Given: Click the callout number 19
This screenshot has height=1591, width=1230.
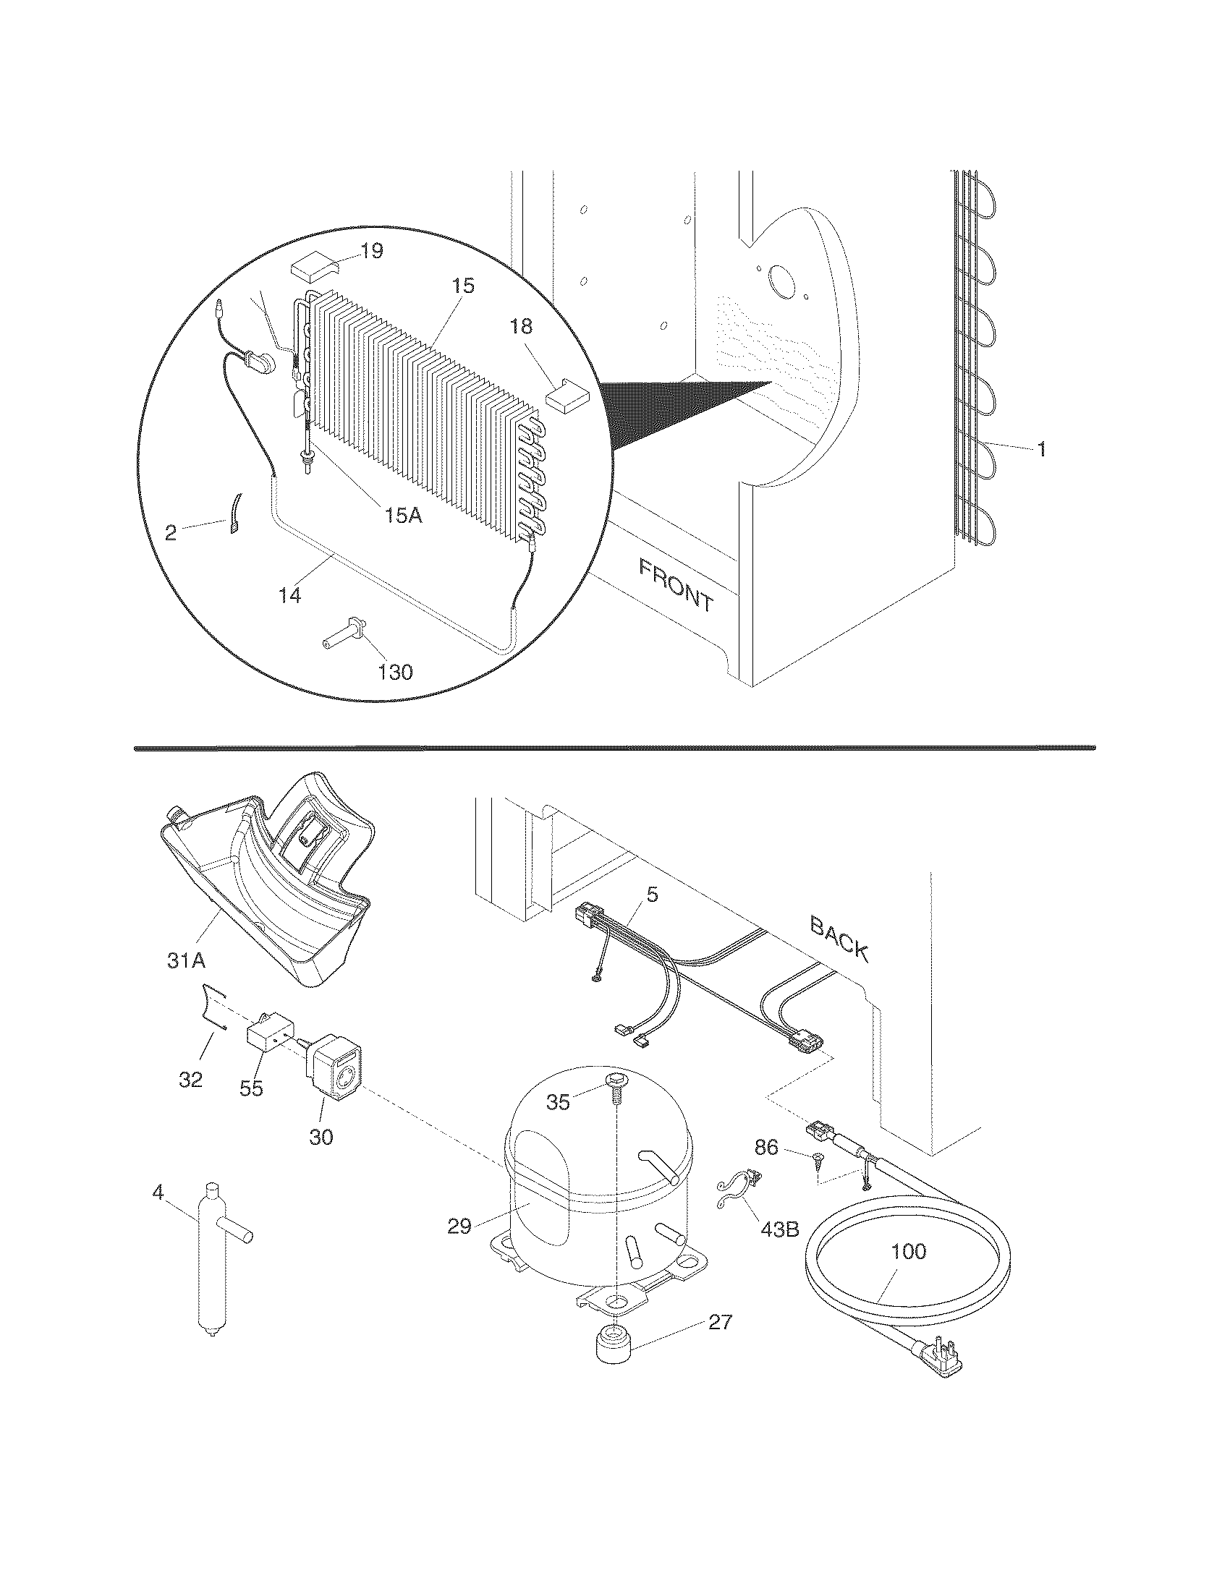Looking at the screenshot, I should pyautogui.click(x=372, y=252).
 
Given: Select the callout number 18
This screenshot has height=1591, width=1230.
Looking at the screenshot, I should pyautogui.click(x=521, y=327).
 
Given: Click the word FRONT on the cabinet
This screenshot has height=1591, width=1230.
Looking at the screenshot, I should pyautogui.click(x=676, y=584).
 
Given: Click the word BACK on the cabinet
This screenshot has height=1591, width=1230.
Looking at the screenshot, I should pyautogui.click(x=839, y=939).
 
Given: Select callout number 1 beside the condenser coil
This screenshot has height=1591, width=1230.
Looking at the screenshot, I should pyautogui.click(x=1041, y=450).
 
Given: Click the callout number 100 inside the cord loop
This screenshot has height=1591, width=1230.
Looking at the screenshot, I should pyautogui.click(x=909, y=1252).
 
